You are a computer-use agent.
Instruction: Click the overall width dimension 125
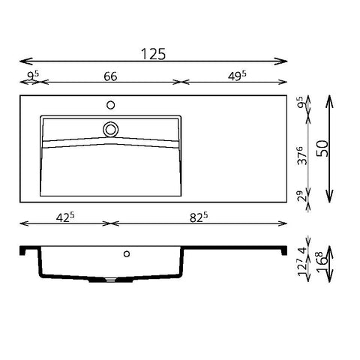point(153,54)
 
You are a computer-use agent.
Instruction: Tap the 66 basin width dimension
point(110,76)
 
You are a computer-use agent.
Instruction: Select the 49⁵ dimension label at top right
point(237,76)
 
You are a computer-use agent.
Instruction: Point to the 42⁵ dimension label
point(65,217)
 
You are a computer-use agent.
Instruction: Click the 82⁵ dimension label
point(199,217)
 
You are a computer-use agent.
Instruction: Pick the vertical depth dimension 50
point(322,148)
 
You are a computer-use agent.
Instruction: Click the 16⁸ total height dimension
point(322,263)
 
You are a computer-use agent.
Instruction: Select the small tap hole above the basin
point(110,105)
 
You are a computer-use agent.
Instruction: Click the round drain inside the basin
point(110,130)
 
